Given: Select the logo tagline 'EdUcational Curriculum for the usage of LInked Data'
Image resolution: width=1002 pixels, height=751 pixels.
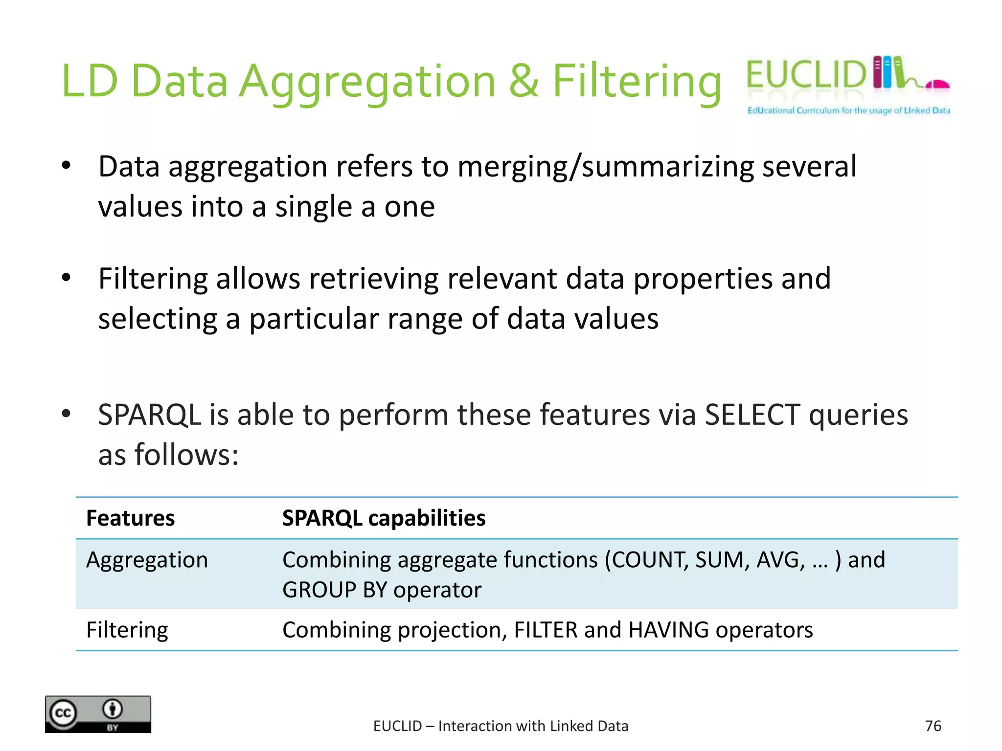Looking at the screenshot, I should tap(848, 110).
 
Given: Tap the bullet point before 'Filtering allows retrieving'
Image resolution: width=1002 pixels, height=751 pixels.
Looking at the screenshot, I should tap(67, 278).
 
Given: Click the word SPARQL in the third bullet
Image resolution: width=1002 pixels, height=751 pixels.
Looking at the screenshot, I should tap(149, 415).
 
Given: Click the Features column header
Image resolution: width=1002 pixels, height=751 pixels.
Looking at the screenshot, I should tap(130, 518).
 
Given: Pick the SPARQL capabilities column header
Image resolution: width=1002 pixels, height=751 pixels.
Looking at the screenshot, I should tap(384, 518).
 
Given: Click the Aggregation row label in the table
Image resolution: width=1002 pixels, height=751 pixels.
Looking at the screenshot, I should tap(147, 560).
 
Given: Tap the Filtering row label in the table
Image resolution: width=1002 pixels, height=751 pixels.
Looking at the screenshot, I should tap(127, 630).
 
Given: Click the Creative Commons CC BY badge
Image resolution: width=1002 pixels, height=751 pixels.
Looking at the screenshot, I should tap(98, 714).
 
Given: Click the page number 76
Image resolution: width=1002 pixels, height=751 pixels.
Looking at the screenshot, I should tap(933, 726).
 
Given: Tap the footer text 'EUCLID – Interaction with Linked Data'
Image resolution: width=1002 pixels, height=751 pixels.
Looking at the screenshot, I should tap(501, 726).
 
